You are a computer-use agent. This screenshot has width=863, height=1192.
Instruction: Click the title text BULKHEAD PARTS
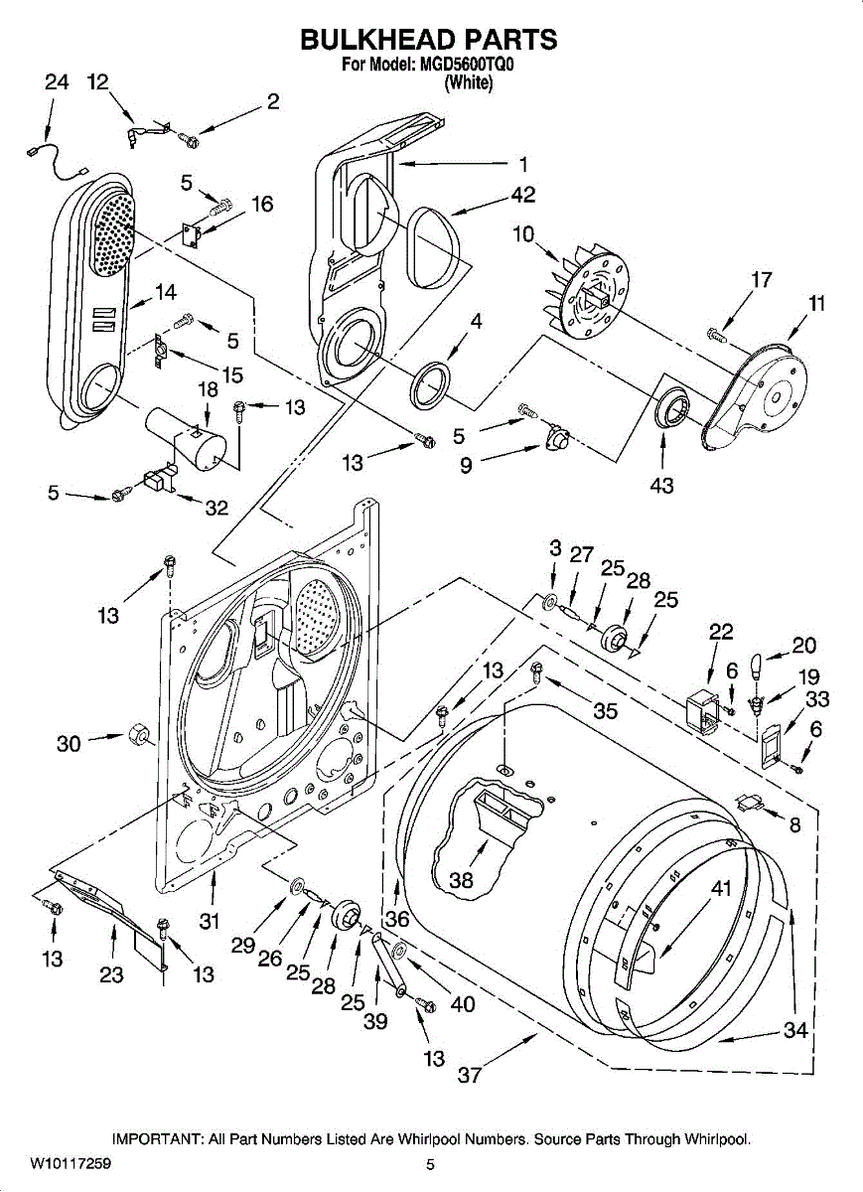click(429, 40)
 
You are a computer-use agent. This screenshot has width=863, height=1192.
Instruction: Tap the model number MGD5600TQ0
click(467, 65)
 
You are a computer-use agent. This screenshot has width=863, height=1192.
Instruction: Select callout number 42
click(522, 195)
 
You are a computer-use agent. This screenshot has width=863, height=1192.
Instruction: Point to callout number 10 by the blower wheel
click(523, 234)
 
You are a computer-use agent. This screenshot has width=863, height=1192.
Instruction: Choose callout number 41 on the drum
click(721, 888)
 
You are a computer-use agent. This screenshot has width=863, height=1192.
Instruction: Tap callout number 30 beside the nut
click(69, 743)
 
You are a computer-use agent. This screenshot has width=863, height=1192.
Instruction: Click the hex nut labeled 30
click(137, 736)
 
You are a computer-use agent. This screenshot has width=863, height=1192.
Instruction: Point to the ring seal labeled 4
click(430, 385)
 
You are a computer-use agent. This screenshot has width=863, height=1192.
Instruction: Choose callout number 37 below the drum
click(470, 1075)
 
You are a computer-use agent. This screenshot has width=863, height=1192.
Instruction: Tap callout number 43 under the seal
click(662, 486)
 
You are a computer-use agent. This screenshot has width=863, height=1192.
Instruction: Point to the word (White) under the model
click(468, 83)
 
